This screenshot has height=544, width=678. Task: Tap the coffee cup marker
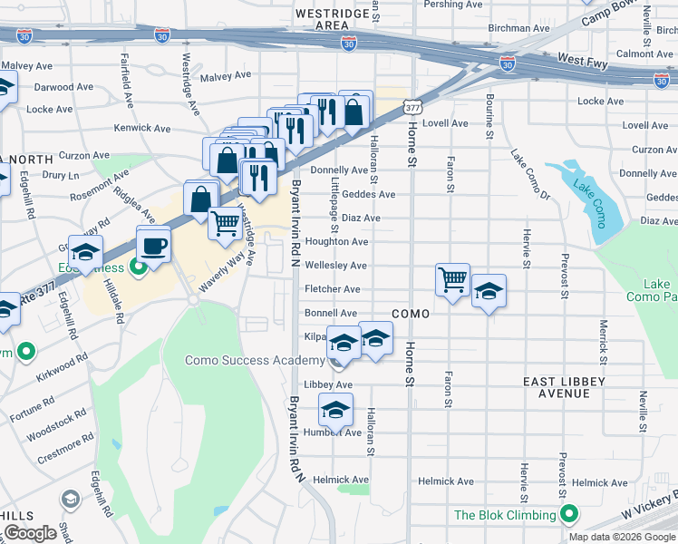[153, 246]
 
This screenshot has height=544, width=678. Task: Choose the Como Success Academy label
[254, 360]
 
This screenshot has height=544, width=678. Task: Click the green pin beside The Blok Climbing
[569, 515]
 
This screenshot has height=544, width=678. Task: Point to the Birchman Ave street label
[518, 28]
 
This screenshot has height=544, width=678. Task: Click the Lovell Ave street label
[444, 123]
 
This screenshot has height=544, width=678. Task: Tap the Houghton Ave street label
[335, 242]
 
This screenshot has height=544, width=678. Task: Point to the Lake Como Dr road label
[530, 173]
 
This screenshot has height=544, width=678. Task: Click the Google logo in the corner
[30, 533]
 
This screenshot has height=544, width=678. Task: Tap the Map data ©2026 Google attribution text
[622, 537]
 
